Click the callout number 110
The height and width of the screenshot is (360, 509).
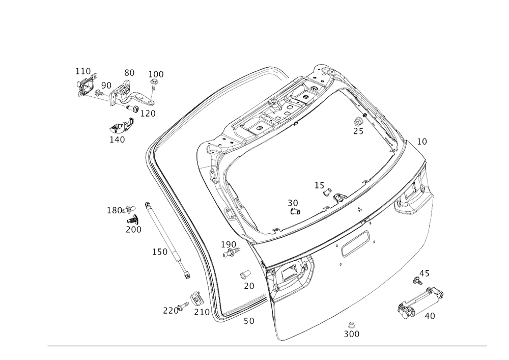82,70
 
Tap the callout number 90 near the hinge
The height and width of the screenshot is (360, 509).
106,84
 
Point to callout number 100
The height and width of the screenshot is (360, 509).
156,74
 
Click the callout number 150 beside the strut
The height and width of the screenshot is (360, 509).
159,252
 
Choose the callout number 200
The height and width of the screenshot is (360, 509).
133,230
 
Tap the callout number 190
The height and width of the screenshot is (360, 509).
229,244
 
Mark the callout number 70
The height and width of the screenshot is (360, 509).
248,286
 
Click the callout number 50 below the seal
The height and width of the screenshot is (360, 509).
248,321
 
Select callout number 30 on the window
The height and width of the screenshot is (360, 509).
292,203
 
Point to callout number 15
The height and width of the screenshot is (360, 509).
319,185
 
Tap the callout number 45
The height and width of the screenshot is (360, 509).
424,274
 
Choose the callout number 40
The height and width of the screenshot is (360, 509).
430,316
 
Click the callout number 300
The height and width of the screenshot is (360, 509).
351,334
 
